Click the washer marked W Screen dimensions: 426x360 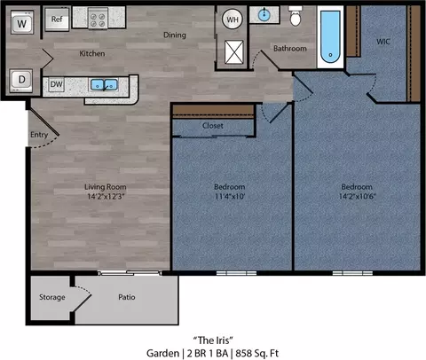point(22,23)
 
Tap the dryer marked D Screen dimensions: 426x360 point(21,80)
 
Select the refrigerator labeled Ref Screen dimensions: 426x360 point(57,20)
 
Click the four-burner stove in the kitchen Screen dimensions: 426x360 point(98,19)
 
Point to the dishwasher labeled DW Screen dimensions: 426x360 point(56,84)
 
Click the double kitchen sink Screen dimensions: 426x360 point(104,85)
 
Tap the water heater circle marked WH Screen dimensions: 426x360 point(233,20)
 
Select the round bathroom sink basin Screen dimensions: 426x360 point(264,15)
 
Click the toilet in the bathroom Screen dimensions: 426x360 point(296,16)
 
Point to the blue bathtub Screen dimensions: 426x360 point(330,36)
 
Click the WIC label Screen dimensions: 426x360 point(383,42)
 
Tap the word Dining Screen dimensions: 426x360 point(175,35)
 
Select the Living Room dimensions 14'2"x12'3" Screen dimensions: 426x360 point(106,196)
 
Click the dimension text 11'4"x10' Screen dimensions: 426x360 point(230,196)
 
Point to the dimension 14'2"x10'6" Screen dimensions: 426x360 point(357,196)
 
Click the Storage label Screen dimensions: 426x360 point(52,297)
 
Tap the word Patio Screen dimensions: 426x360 point(127,297)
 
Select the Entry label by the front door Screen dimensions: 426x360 point(39,135)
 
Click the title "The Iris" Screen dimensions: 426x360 point(213,340)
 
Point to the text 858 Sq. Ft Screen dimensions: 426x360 point(256,353)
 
